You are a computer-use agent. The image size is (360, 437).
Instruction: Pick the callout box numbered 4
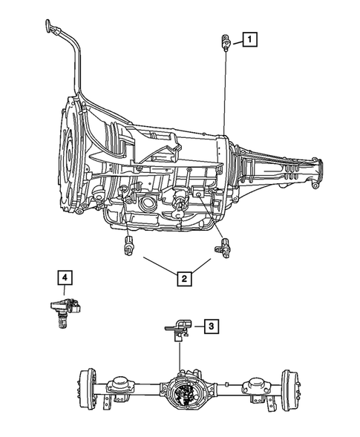click(65, 278)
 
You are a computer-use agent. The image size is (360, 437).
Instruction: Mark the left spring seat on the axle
click(120, 384)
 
